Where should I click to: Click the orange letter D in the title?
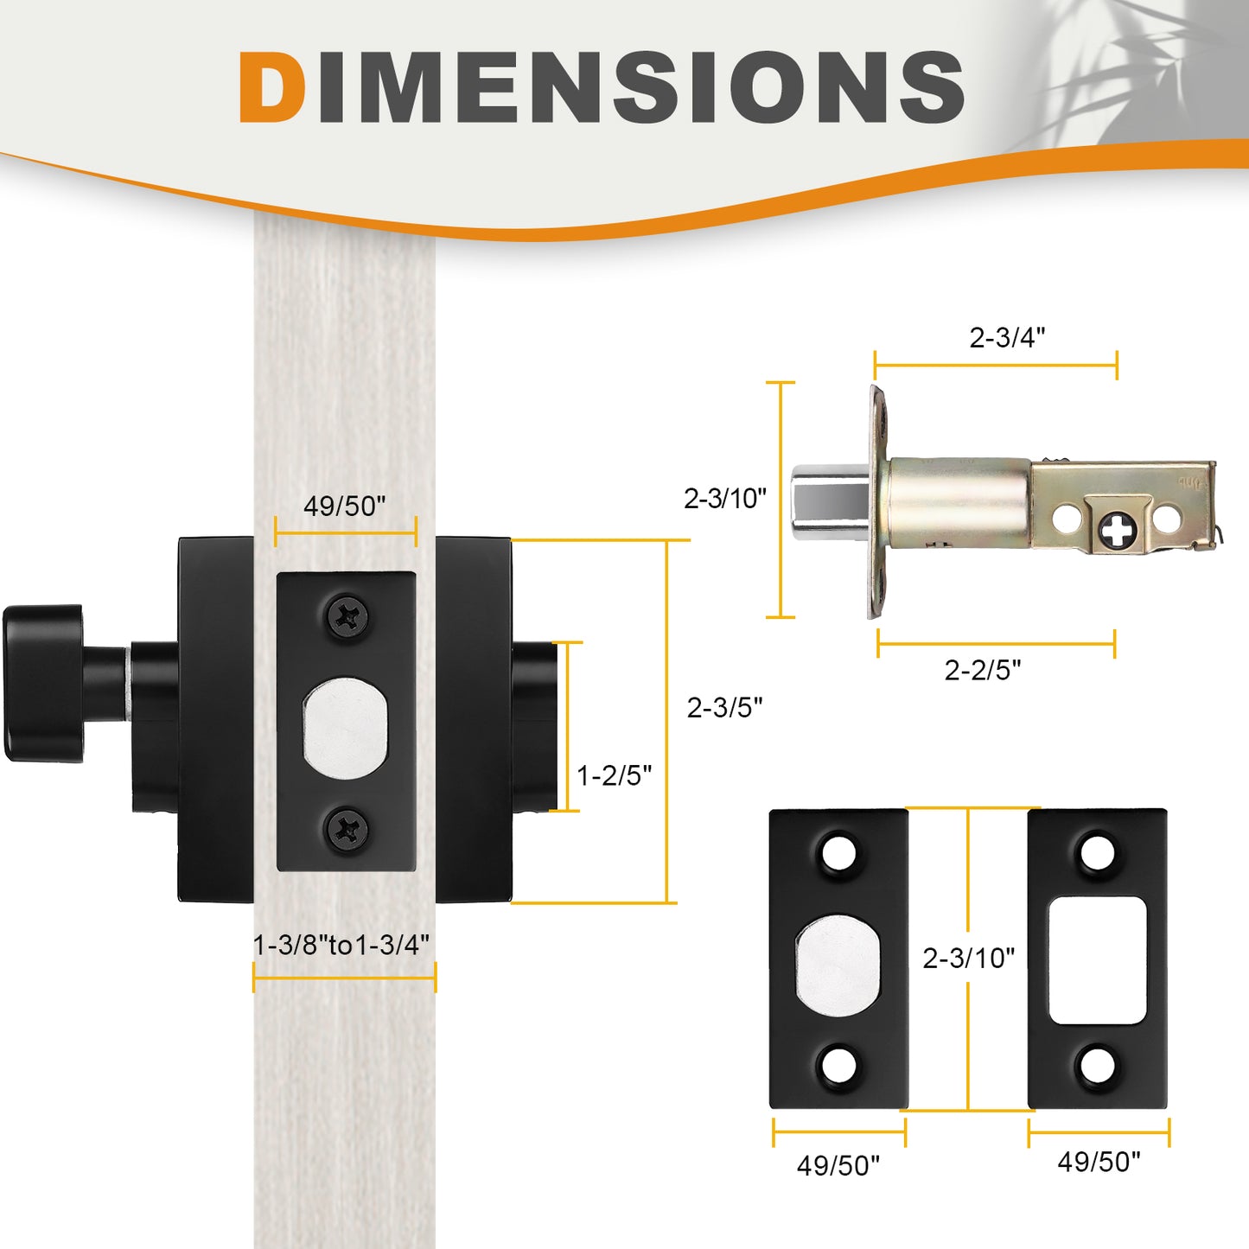pos(271,86)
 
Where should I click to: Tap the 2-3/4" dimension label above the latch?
pos(1007,337)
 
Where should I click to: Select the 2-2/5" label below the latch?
pos(983,670)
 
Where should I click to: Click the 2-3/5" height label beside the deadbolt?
pos(724,708)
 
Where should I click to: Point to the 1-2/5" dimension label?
pos(614,775)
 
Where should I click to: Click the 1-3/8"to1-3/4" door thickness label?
pos(341,945)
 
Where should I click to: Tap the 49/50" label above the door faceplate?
pos(344,506)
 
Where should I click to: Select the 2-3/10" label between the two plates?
pos(968,958)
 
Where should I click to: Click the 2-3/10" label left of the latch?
pos(725,498)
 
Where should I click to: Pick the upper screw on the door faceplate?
pos(347,617)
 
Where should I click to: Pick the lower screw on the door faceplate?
pos(347,830)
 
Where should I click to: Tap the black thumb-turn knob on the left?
pos(43,683)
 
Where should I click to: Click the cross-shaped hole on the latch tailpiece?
pos(1118,529)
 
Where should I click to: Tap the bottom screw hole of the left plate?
pos(838,1065)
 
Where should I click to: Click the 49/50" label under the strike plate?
pos(1099,1162)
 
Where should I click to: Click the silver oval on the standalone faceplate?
pos(838,963)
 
